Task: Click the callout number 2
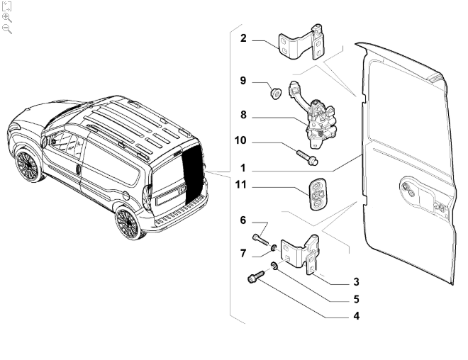coord(243,38)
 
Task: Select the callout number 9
coord(243,81)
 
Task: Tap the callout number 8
coord(243,115)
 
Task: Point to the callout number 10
coord(240,140)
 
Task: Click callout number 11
coord(241,185)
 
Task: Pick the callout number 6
coord(243,220)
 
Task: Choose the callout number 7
coord(243,254)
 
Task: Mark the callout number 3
coord(356,282)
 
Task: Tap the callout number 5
coord(356,299)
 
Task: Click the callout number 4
coord(357,316)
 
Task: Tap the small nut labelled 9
coord(276,94)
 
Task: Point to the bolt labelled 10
coord(307,157)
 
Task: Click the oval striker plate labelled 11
coord(317,194)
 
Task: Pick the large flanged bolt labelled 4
coord(256,276)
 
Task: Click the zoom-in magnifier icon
coord(7,18)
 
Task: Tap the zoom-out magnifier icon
coord(7,29)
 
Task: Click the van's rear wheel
coord(129,223)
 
